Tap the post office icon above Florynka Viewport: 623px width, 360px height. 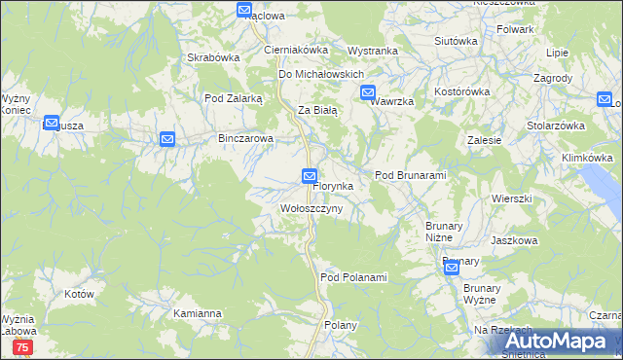[309, 175]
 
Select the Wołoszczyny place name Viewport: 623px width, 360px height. [311, 209]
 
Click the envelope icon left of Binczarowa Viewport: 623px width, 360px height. [166, 140]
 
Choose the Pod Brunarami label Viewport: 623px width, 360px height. [410, 175]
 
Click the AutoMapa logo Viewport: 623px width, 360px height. [564, 341]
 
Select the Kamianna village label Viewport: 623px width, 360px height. [198, 314]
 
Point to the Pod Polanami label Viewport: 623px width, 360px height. [353, 277]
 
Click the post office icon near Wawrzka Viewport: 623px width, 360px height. [368, 93]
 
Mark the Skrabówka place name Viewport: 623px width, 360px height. [214, 57]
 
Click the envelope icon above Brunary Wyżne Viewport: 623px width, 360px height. [451, 269]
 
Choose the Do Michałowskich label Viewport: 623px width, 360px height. [321, 74]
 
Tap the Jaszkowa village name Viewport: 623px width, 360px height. [514, 240]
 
